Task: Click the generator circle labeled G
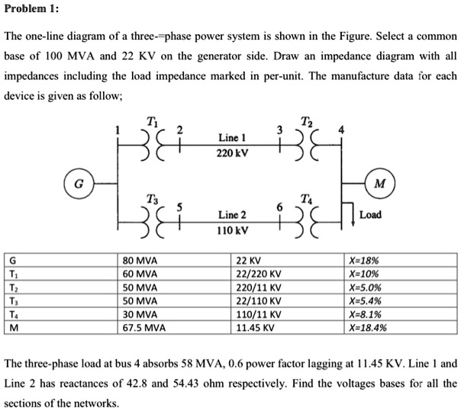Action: click(77, 183)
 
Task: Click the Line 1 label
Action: click(230, 138)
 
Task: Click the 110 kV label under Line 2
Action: click(230, 230)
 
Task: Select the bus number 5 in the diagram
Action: click(179, 207)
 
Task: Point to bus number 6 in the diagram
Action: click(279, 207)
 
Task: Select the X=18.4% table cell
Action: click(366, 328)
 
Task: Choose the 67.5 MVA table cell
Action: click(143, 328)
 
